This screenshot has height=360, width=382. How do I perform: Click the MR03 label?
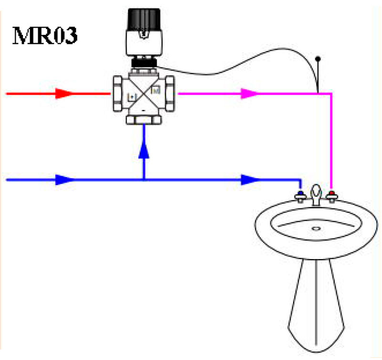click(x=45, y=36)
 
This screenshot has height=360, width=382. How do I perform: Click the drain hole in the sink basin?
click(x=316, y=229)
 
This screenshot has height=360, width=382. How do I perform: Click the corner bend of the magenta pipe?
click(x=330, y=94)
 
